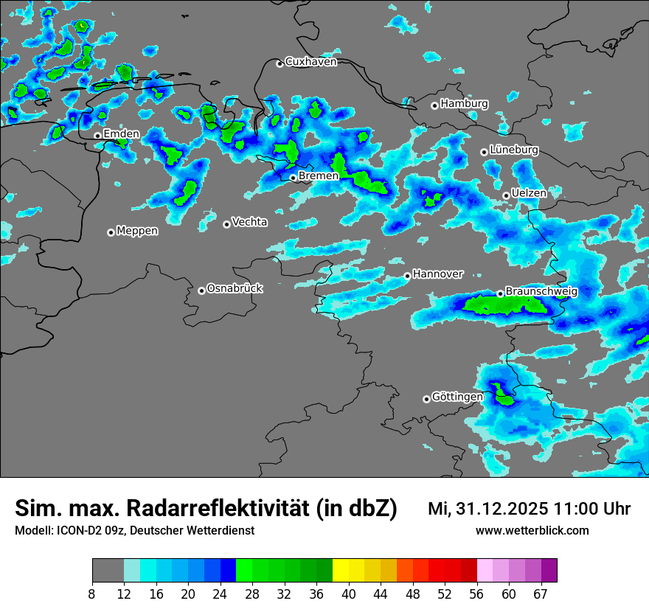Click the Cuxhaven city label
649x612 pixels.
310,62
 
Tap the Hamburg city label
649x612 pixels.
464,104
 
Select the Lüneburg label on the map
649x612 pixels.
514,150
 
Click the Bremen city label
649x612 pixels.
319,176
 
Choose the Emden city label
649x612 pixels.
121,134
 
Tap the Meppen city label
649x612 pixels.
137,231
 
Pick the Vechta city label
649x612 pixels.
249,222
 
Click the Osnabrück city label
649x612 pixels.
235,288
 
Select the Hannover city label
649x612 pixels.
437,274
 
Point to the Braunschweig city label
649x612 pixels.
541,291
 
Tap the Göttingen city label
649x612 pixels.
457,397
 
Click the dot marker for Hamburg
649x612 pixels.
434,105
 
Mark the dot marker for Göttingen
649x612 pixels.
426,399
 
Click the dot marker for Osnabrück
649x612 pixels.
201,291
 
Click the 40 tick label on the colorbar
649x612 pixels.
349,594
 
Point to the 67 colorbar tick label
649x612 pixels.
541,594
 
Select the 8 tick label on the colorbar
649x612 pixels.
92,594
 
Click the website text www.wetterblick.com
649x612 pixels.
532,531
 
